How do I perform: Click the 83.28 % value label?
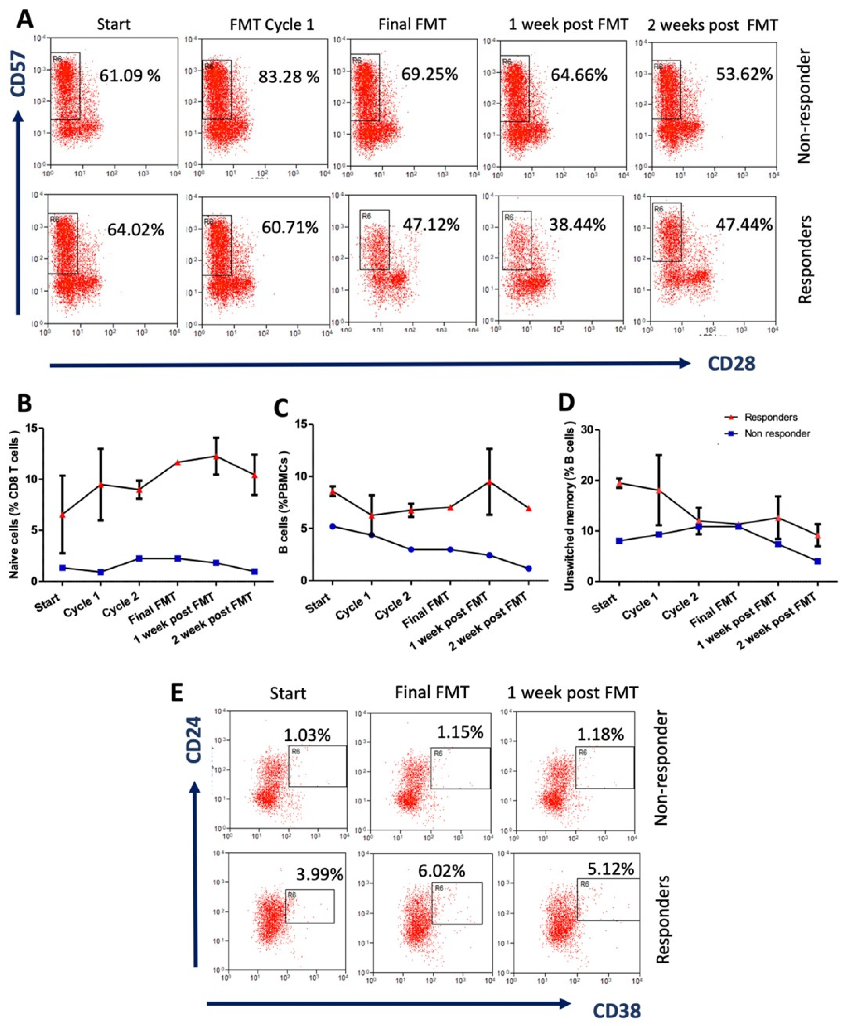point(289,77)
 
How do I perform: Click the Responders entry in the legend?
point(771,417)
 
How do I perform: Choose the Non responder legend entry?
point(777,433)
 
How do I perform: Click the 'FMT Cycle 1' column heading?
point(272,25)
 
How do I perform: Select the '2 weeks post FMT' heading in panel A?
point(712,25)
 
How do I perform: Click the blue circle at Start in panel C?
point(333,526)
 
